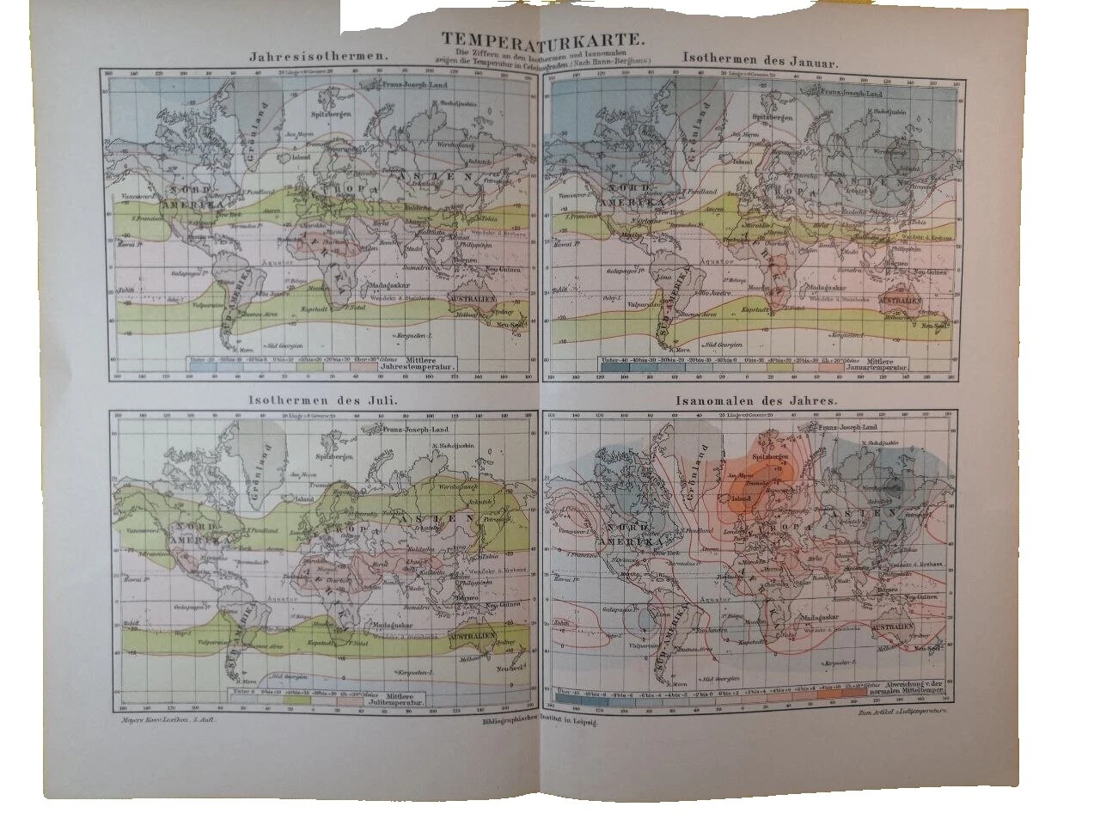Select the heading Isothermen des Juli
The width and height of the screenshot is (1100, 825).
(315, 400)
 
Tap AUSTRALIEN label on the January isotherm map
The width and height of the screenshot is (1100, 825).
(899, 302)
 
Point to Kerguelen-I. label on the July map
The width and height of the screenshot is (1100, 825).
(415, 671)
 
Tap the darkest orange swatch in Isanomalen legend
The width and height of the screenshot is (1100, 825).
(852, 692)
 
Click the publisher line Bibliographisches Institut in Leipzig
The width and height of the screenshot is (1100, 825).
(540, 723)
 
